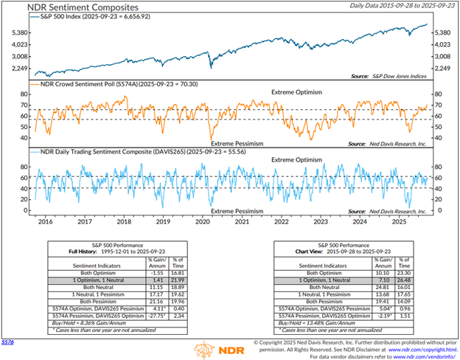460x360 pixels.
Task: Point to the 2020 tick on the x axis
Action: [x=202, y=221]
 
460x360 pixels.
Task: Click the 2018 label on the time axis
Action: [x=125, y=221]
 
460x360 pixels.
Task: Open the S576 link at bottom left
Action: [x=7, y=343]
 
